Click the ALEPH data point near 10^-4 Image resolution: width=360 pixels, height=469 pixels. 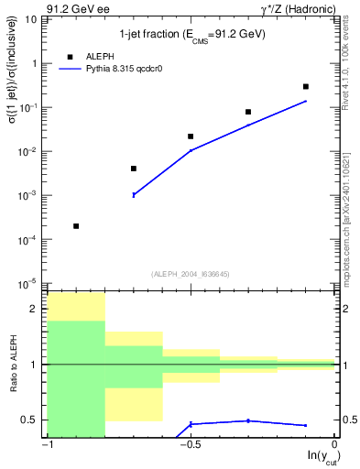tap(76, 225)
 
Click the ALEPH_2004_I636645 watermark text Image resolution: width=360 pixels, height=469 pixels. tap(191, 273)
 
